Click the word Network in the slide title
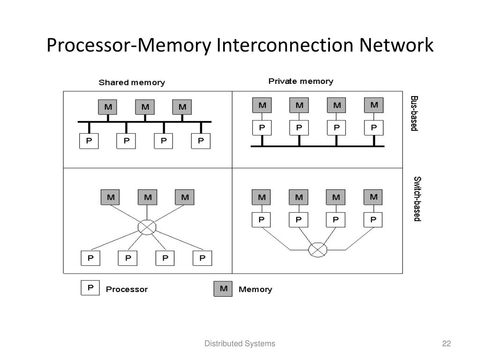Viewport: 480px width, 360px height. point(397,45)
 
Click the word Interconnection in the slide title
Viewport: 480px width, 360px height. point(286,45)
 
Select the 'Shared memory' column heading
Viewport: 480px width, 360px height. point(132,82)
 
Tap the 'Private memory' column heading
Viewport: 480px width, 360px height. point(300,82)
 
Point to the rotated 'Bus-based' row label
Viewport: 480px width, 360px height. point(414,113)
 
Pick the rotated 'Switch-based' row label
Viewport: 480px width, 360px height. point(417,199)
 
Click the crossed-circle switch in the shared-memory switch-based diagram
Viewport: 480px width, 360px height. point(147,227)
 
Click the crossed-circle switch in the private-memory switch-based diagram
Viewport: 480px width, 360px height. point(317,249)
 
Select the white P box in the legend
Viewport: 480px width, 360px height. point(90,288)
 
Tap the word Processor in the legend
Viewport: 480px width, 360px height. point(127,289)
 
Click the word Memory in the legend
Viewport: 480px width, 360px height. point(255,289)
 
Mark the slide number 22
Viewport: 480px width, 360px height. point(446,344)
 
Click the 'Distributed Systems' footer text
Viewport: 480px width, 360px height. point(240,344)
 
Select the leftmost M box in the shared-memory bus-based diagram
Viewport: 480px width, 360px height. point(108,107)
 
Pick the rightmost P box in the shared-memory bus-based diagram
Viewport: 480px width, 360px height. point(201,141)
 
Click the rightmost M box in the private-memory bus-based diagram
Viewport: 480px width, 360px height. point(374,105)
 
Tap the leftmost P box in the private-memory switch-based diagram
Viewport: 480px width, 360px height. point(262,219)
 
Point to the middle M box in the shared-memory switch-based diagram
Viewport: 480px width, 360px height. point(148,197)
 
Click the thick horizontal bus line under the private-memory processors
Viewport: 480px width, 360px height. point(317,146)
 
